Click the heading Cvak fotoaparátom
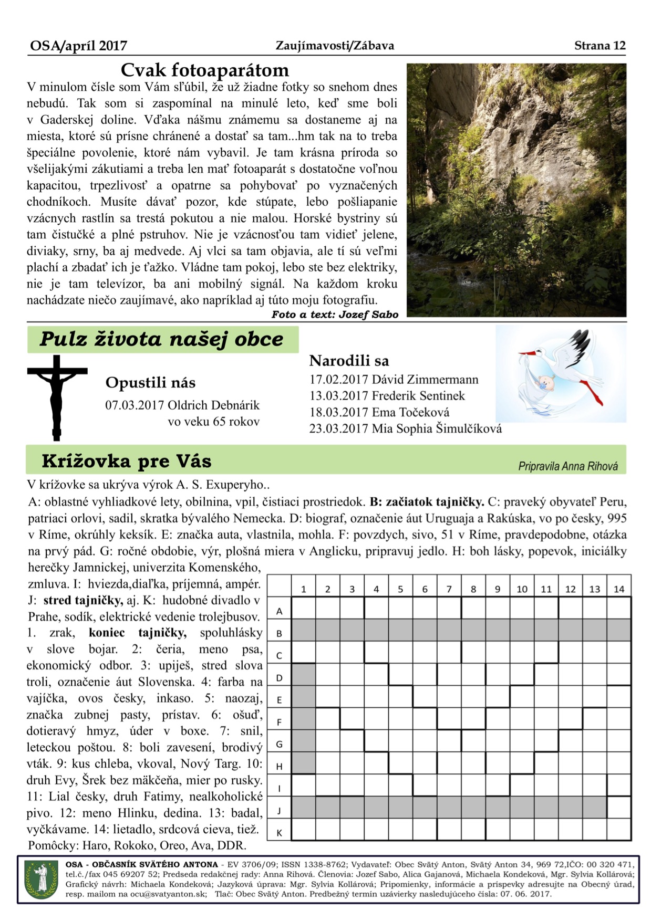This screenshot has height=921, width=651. (x=204, y=70)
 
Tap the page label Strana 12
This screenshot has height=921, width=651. (x=600, y=46)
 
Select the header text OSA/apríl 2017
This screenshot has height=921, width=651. (x=78, y=46)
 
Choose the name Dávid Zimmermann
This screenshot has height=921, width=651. (x=425, y=380)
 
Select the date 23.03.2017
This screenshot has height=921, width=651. (x=338, y=428)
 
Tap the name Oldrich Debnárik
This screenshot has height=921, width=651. (x=213, y=405)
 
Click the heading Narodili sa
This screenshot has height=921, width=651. (x=349, y=361)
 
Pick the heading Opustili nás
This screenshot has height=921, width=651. (x=150, y=382)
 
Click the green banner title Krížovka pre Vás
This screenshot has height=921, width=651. (x=126, y=461)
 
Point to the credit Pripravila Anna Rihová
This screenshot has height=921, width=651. (x=567, y=466)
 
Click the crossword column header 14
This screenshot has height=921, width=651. (x=619, y=589)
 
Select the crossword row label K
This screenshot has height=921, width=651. (x=280, y=833)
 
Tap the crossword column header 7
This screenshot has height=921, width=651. (x=449, y=589)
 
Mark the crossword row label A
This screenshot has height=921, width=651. (x=280, y=611)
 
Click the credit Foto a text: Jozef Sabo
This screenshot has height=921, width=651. (x=335, y=315)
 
